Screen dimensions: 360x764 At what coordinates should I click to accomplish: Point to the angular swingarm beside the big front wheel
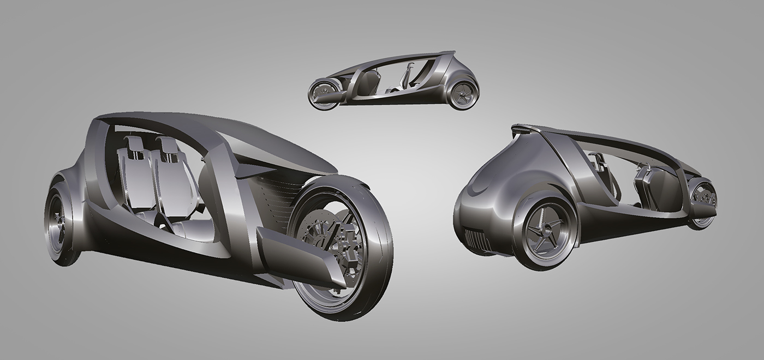[x=300, y=256]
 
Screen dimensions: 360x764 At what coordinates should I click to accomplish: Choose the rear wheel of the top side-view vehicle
[x=463, y=95]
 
